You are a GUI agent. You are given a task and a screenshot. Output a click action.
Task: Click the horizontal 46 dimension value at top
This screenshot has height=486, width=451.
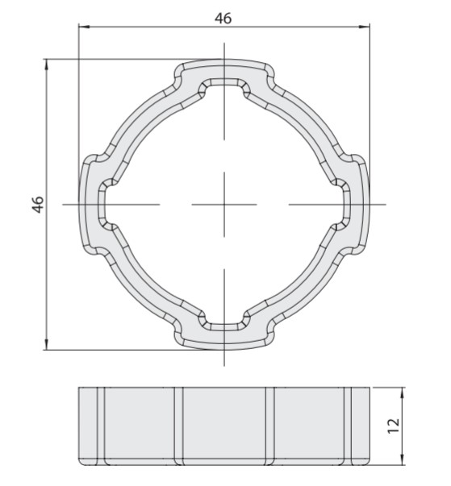click(223, 19)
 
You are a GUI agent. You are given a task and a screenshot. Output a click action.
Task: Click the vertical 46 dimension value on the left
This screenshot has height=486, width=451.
click(38, 205)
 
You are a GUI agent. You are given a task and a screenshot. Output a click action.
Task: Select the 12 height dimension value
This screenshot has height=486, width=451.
click(394, 426)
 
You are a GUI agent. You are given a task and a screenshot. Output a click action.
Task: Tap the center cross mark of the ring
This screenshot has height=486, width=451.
click(224, 205)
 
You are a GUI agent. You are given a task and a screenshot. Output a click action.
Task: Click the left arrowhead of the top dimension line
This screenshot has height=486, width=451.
click(84, 27)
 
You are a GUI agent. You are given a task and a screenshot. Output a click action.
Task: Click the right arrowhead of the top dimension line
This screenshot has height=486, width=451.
click(365, 27)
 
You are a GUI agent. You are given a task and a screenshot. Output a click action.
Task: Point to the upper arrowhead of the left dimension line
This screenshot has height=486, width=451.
click(47, 64)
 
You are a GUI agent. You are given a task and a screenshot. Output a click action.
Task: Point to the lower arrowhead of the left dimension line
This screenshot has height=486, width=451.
click(47, 344)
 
